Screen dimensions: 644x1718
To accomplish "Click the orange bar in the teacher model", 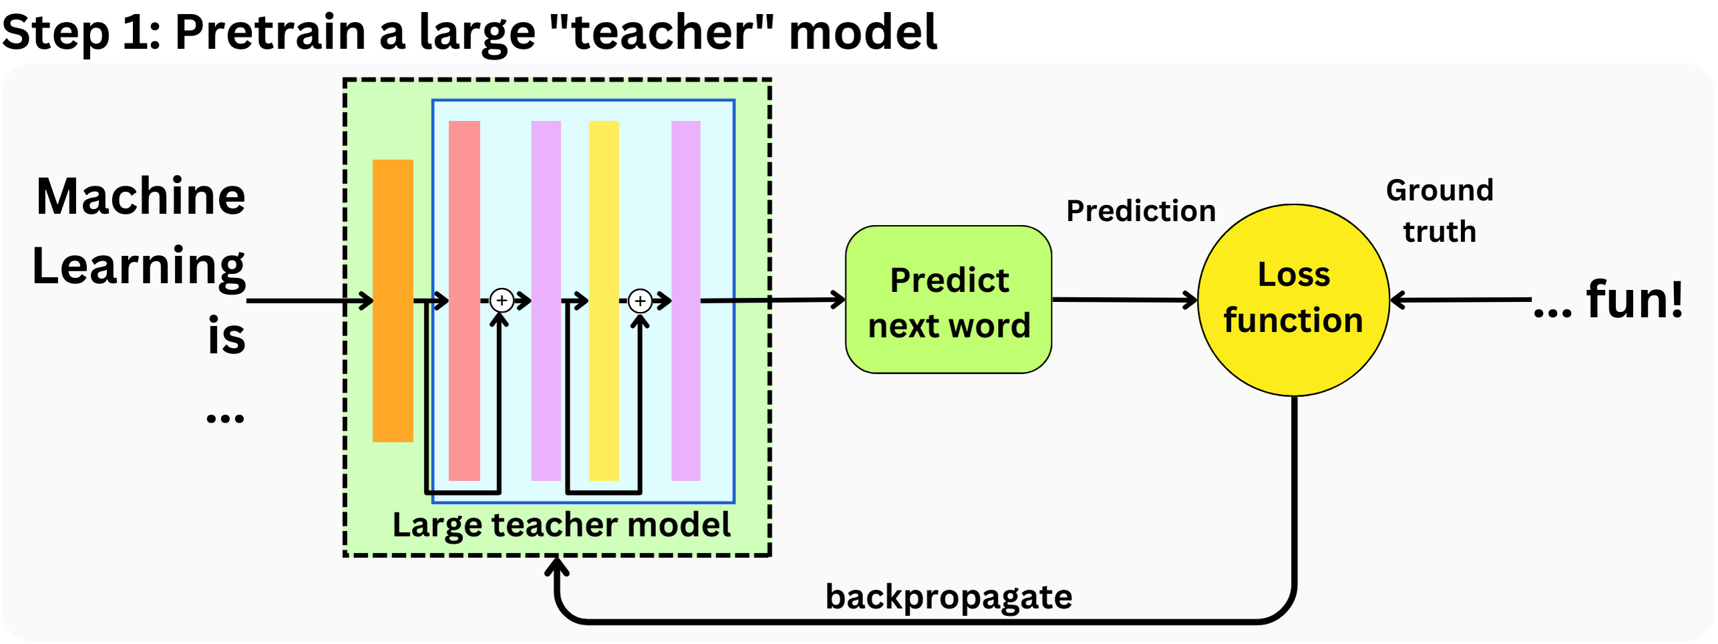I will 393,301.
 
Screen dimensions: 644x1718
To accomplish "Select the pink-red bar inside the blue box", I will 464,301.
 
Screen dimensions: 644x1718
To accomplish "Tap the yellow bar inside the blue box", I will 603,301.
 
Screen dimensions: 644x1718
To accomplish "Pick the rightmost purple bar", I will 685,301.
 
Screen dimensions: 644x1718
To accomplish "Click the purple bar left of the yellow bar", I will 546,301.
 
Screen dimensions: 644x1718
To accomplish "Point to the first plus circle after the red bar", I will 502,301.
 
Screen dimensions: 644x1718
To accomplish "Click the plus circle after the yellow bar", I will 640,301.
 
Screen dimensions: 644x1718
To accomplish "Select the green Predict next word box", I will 949,300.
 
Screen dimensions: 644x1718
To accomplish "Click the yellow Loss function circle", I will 1294,300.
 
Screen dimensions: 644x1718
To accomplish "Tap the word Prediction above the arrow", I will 1141,211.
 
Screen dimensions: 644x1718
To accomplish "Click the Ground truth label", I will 1439,211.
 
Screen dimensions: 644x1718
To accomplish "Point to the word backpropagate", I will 949,597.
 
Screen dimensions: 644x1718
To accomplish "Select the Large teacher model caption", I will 561,525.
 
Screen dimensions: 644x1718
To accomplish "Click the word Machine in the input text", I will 141,196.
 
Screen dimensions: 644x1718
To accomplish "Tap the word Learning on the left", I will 139,266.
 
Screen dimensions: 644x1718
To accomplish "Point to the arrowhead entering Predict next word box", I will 839,299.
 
